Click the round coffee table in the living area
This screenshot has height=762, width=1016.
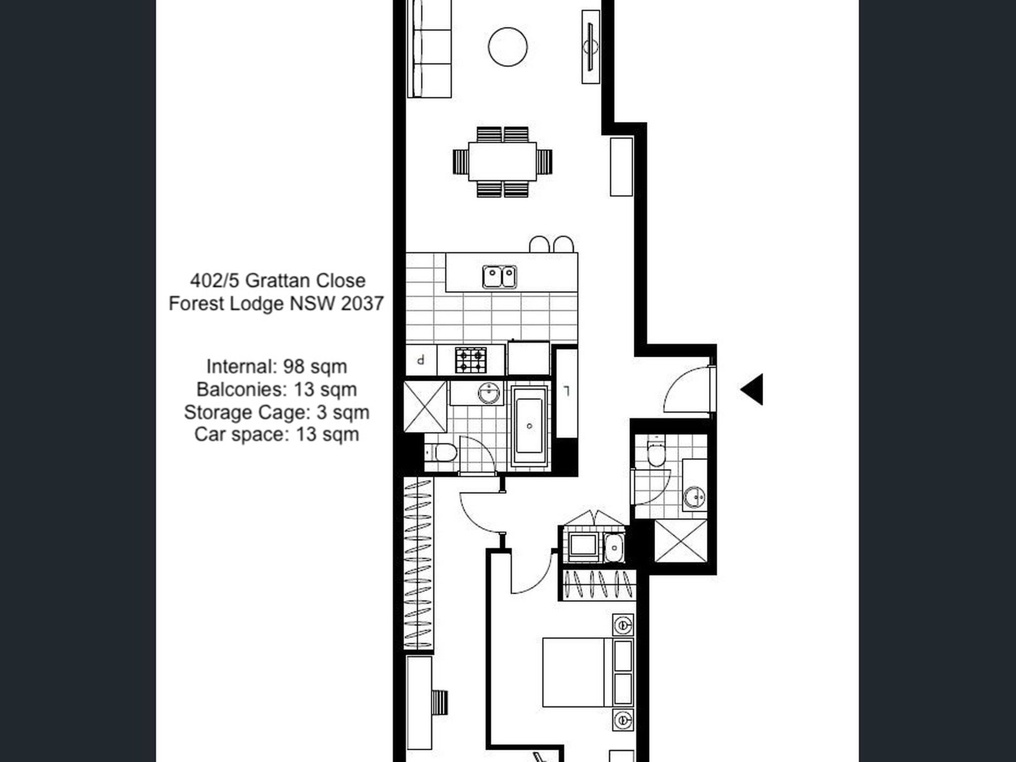tap(507, 47)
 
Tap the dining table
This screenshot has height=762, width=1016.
tap(502, 161)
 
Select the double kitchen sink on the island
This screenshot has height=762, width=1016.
tap(499, 276)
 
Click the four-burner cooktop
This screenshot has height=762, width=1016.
tap(471, 360)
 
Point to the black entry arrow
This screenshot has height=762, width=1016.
tap(752, 389)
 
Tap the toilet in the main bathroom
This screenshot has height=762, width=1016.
tap(442, 453)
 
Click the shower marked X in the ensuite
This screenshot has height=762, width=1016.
tap(680, 541)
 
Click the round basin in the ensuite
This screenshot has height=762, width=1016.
tap(695, 497)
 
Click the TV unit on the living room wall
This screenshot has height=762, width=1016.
tap(590, 47)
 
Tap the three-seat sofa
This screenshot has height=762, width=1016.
tap(429, 48)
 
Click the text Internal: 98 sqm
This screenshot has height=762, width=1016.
tap(276, 367)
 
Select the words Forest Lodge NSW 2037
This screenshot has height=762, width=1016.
tap(276, 304)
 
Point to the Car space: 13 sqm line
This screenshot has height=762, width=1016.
tap(276, 434)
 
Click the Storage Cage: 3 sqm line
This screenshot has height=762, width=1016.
tap(276, 412)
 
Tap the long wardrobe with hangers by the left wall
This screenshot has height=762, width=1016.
tap(418, 564)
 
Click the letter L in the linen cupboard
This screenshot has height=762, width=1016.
tap(567, 391)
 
